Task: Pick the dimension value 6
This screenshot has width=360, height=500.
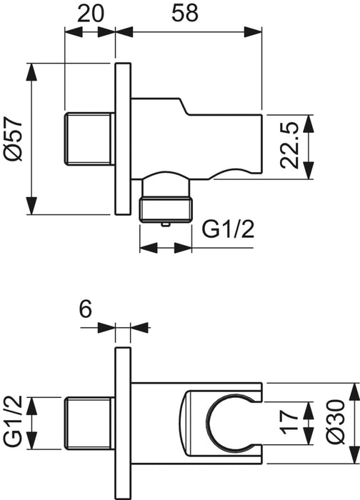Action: coord(85,309)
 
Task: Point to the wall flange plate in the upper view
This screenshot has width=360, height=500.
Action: coord(122,138)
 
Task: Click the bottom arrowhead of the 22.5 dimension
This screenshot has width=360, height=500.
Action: coord(309,177)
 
